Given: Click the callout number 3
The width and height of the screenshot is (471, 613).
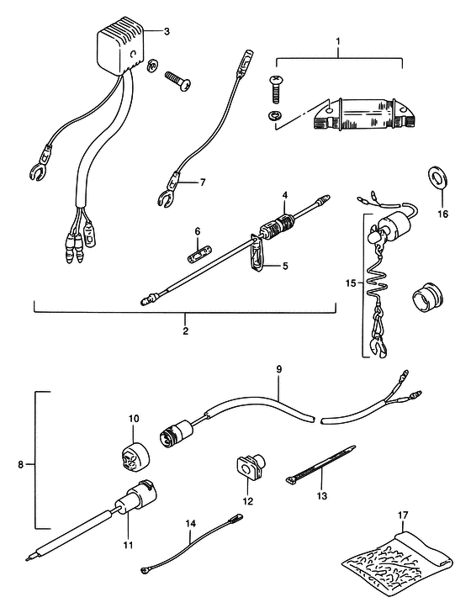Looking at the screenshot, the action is pos(167,31).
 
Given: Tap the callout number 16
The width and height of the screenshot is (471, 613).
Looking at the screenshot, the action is pos(443,214).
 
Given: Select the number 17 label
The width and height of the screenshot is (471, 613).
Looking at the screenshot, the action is pos(404,515).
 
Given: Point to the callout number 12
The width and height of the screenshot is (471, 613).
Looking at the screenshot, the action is pos(247,501).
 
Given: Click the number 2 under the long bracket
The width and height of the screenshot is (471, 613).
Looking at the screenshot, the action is pos(185,330).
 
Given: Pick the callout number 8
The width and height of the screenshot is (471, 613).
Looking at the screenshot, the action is pos(21,465).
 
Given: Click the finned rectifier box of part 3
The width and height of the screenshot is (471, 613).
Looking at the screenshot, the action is pos(120,45).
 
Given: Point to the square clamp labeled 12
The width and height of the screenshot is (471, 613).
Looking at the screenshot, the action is pos(250,467).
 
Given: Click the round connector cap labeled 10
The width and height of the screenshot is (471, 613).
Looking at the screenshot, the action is pos(135,457).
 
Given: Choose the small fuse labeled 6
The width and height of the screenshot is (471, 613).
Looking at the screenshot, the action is pos(198,253).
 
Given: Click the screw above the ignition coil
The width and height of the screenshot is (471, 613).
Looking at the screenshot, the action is pos(275,89).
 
